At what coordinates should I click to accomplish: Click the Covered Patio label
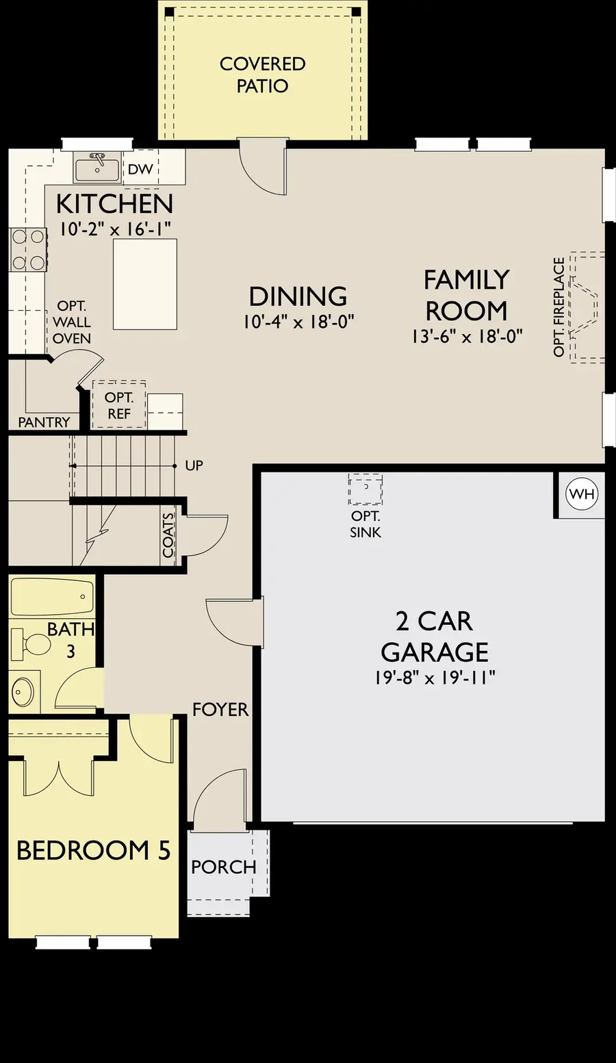262,75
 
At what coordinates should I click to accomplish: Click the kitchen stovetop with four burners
27,250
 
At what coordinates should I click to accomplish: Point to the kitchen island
144,284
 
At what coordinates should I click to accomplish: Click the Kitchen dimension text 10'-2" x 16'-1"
114,229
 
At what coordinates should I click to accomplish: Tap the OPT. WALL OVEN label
72,322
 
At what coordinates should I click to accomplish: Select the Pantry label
44,422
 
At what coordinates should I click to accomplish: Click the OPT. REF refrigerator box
118,405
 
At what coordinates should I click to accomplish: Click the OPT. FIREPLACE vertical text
559,307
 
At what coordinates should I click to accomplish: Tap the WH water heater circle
582,494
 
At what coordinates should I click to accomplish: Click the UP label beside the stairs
194,465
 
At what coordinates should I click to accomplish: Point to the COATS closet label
168,535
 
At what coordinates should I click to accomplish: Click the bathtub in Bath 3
52,597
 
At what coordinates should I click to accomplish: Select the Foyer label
220,709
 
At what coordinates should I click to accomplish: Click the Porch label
223,867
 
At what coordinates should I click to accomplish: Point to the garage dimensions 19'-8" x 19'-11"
435,678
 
